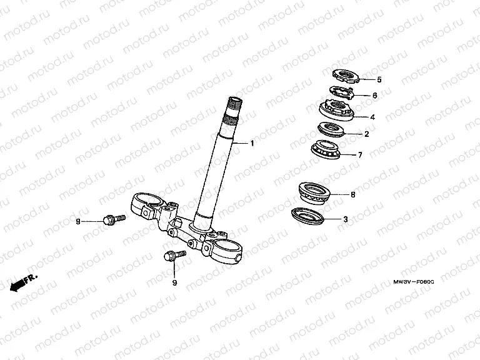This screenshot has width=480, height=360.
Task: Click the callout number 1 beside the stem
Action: (x=252, y=143)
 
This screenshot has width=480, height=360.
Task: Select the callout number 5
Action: (x=379, y=80)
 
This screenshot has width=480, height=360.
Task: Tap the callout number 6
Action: (x=375, y=96)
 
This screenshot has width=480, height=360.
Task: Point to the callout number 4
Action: (x=372, y=117)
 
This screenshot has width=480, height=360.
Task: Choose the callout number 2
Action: (x=366, y=134)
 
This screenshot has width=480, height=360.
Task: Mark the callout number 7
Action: (x=360, y=155)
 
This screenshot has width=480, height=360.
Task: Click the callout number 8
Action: (x=353, y=195)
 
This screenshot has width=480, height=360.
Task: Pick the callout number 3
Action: (x=346, y=219)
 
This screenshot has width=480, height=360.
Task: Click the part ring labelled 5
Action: (x=346, y=76)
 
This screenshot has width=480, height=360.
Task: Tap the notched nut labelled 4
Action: (x=336, y=109)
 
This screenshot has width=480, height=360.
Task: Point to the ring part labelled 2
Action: (x=331, y=129)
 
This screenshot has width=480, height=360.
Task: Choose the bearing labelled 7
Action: (x=326, y=150)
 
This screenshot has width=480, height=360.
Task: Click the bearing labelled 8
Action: (x=315, y=192)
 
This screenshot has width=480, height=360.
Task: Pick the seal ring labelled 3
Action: (x=307, y=216)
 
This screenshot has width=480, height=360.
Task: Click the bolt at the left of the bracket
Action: (x=114, y=219)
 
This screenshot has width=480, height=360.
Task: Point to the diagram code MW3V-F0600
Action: (x=414, y=282)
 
